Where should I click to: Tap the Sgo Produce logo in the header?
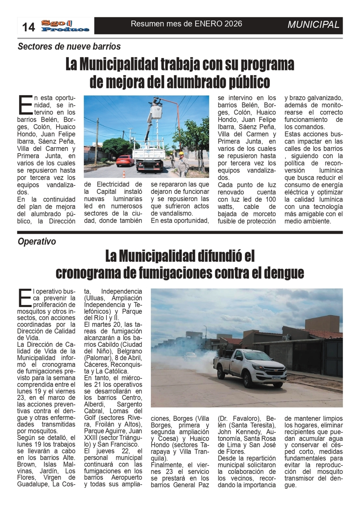click(x=65, y=26)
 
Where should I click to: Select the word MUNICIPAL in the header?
click(x=313, y=25)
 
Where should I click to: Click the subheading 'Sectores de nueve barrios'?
click(x=69, y=46)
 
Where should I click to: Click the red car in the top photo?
click(x=125, y=160)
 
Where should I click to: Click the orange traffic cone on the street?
click(x=124, y=174)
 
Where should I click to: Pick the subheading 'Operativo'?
click(x=37, y=242)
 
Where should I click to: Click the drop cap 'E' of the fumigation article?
click(x=25, y=298)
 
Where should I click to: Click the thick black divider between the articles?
click(x=180, y=233)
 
